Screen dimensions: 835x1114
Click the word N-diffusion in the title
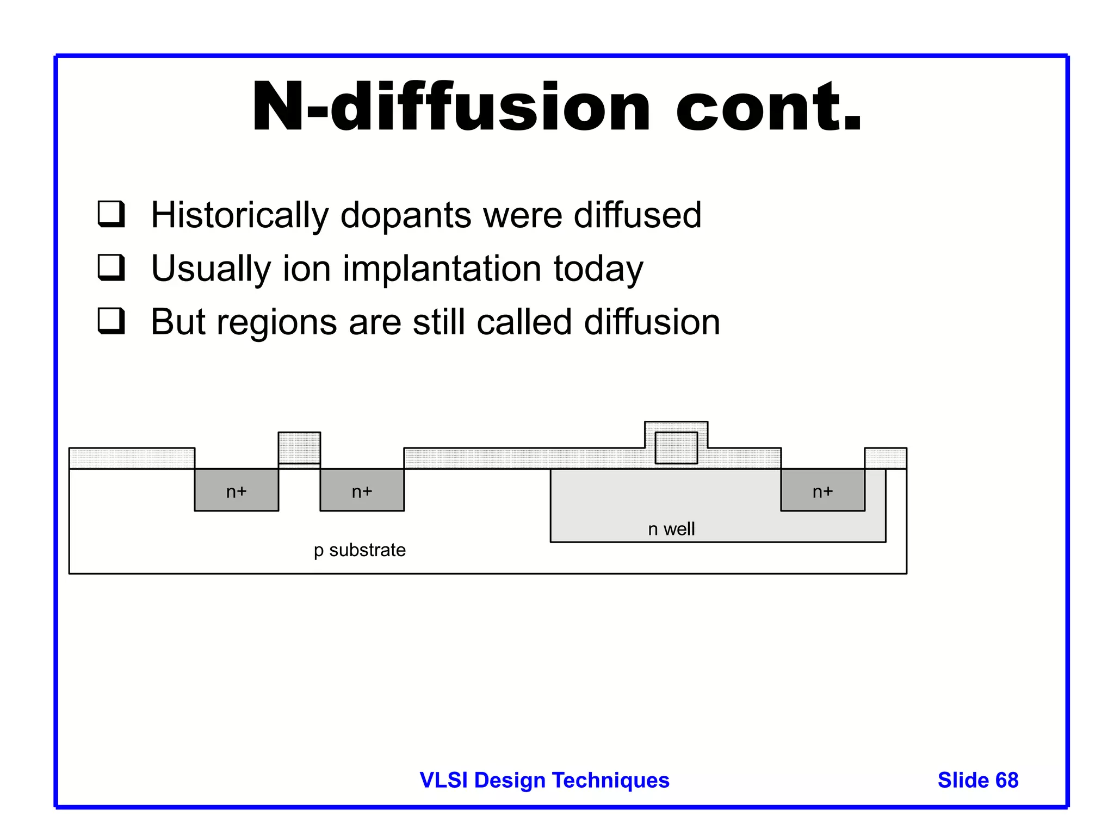pos(450,107)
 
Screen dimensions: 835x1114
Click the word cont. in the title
pos(768,107)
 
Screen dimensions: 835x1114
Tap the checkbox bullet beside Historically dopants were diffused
pos(112,214)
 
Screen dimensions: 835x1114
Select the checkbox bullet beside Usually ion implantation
pos(112,267)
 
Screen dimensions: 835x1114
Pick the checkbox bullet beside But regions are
pos(112,321)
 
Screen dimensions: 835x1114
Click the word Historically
pos(239,215)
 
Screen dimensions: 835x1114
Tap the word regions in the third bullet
pos(276,323)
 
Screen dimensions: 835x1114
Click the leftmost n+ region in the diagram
pos(236,490)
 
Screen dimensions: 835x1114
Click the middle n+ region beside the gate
pos(362,490)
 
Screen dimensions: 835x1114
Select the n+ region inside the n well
pos(822,490)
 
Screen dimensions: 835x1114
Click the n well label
pos(671,529)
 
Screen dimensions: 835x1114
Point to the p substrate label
pos(360,550)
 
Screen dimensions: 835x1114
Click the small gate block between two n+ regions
pos(299,447)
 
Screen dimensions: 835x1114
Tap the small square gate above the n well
pos(676,448)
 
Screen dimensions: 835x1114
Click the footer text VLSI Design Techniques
pos(544,780)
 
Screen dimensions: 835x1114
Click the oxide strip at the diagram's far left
pos(132,458)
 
